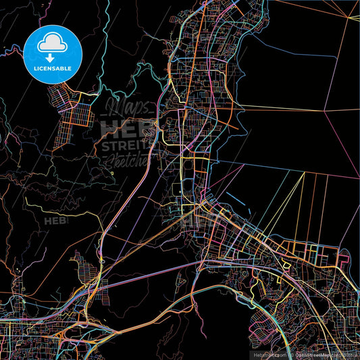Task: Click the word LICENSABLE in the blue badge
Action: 53,68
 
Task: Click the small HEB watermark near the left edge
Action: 55,220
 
